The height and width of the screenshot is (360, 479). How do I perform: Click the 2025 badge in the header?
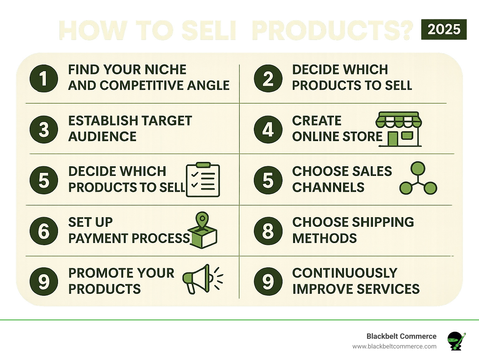(x=444, y=29)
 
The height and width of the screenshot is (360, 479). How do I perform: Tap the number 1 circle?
(x=44, y=78)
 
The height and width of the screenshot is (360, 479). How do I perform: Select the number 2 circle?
(x=268, y=78)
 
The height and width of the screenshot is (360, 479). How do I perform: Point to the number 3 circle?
(x=44, y=129)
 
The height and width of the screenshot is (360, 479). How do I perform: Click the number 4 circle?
(x=268, y=129)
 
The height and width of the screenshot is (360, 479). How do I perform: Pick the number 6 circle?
(x=44, y=231)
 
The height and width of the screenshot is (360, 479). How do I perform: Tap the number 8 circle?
(x=268, y=231)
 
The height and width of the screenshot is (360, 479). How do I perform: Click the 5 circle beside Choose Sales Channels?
(x=268, y=180)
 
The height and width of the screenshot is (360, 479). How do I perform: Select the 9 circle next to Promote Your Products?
(x=44, y=282)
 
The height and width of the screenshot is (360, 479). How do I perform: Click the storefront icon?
(x=399, y=129)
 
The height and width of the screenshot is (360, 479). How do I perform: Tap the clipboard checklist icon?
(x=203, y=180)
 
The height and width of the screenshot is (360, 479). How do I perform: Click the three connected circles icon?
(x=418, y=179)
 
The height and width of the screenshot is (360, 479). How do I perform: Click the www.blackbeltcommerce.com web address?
(x=394, y=346)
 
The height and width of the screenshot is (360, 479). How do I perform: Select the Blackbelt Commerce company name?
(x=401, y=336)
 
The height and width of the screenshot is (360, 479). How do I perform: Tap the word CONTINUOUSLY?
(x=345, y=273)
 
